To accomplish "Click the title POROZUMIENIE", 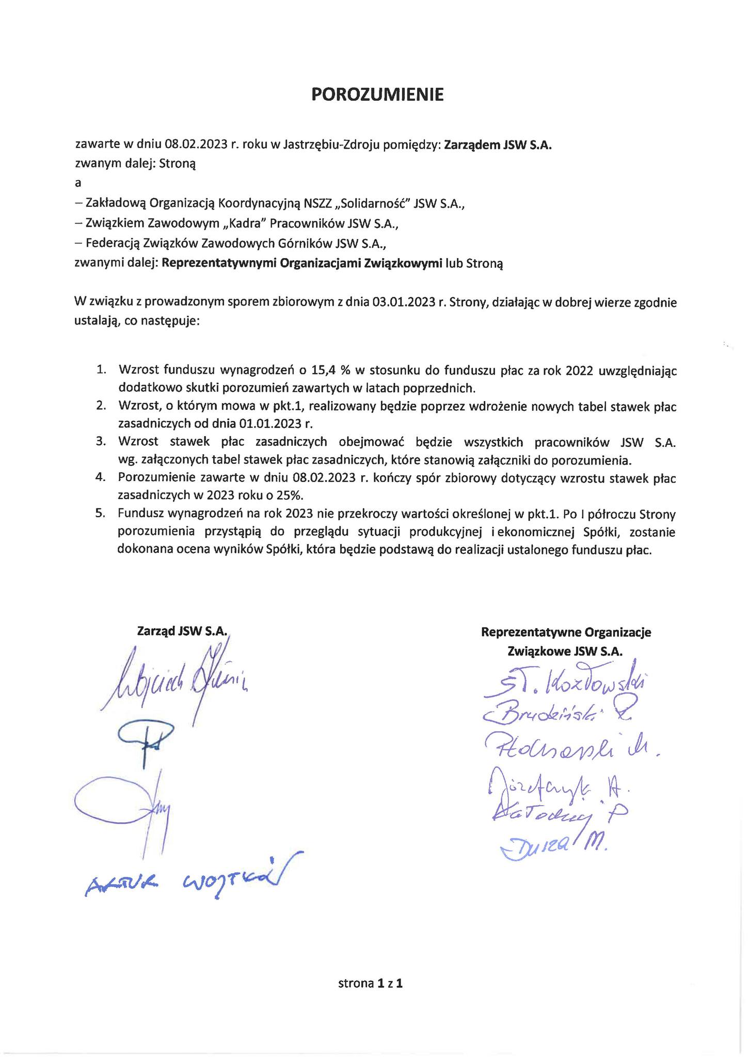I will coord(377,94).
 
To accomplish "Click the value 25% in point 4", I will coord(289,495).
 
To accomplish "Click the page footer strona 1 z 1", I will coord(370,983).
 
